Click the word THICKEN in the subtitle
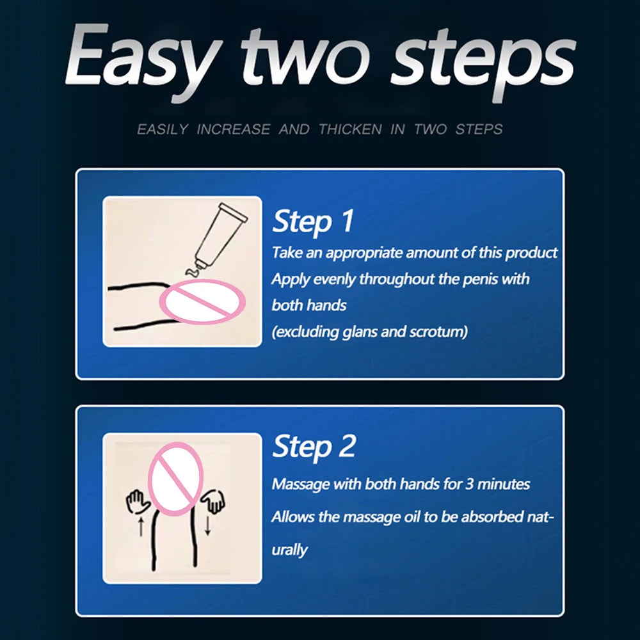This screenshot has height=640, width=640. [350, 129]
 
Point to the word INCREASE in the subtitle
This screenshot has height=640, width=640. [234, 129]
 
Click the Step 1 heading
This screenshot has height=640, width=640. [313, 221]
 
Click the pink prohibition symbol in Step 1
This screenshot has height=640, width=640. [202, 301]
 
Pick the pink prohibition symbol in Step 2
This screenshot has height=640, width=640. [175, 478]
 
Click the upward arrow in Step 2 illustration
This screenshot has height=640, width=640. [141, 527]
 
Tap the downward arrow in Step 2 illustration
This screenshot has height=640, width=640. [207, 525]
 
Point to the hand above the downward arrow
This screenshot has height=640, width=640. [214, 500]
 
